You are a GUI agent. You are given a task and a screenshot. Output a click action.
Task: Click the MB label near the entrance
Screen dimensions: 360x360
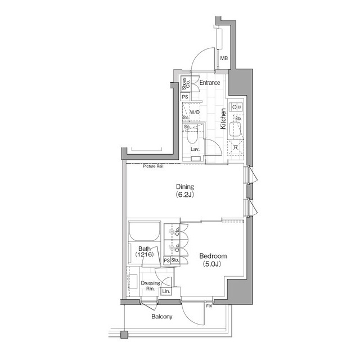pos(224,58)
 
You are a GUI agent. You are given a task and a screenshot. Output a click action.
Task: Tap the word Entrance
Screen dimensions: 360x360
pos(209,83)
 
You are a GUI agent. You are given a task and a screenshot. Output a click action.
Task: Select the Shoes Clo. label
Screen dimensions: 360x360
pos(185,85)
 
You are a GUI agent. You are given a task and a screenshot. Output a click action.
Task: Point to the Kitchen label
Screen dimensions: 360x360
pos(223,119)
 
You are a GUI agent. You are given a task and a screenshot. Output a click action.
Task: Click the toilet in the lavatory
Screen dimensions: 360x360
pos(191,136)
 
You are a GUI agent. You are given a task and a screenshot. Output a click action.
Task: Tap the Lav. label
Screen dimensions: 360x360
pos(195,150)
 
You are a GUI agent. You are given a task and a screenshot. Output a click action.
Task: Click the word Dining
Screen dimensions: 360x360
pos(184,187)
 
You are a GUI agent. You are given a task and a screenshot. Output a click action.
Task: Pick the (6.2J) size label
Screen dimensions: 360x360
pos(184,196)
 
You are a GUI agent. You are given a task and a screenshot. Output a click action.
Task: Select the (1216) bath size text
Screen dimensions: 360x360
pos(144,255)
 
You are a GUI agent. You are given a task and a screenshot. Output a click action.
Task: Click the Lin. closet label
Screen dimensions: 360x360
pos(166,291)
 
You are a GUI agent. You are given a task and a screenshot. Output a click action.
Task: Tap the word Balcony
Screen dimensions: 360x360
pos(162,317)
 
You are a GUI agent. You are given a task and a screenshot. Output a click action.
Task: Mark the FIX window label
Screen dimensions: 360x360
pos(209,306)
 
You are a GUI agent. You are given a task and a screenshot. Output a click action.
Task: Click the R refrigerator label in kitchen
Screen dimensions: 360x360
pos(236,147)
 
